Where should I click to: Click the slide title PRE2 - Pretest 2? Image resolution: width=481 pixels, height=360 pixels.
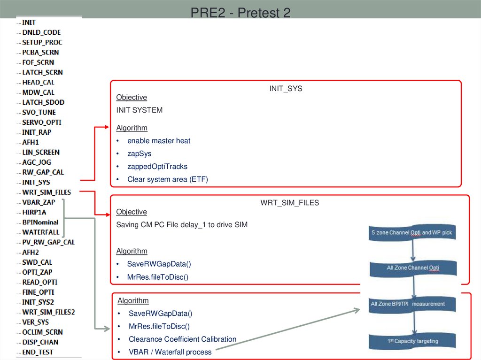(x=240, y=13)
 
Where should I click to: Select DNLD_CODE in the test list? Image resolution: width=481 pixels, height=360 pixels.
(x=41, y=32)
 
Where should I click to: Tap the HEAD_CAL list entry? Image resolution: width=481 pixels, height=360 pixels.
(x=38, y=82)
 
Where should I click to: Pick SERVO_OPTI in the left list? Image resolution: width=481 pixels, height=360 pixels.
(x=41, y=122)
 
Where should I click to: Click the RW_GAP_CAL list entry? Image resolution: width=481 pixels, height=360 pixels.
(x=43, y=172)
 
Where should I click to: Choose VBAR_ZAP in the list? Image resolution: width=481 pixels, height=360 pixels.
(x=39, y=202)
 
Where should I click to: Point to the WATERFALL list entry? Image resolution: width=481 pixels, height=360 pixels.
(x=40, y=232)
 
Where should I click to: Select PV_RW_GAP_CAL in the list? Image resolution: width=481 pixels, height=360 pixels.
(x=48, y=242)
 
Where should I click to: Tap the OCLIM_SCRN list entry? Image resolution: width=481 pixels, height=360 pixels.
(x=42, y=332)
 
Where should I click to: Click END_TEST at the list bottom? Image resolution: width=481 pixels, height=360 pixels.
(x=38, y=352)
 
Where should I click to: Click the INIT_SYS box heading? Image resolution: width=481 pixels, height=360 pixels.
(x=286, y=88)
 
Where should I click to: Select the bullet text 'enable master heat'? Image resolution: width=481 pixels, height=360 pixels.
(x=159, y=141)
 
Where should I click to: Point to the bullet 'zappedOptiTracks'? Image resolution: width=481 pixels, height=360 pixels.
(x=157, y=167)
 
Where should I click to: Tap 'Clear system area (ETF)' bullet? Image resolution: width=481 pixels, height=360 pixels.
(x=167, y=179)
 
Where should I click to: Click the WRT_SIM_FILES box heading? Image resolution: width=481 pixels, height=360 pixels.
(x=289, y=203)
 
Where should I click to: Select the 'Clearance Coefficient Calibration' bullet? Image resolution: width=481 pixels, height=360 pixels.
(x=182, y=339)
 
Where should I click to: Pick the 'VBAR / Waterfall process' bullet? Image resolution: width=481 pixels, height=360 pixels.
(x=170, y=352)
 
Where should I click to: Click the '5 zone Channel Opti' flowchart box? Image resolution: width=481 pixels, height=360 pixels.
(x=411, y=233)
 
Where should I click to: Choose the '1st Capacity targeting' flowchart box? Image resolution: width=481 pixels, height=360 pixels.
(x=411, y=341)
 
